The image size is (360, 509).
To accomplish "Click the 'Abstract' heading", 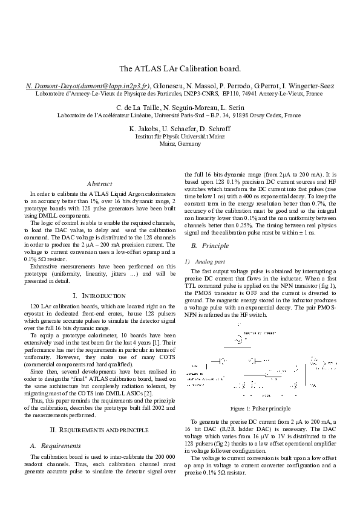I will point(99,183).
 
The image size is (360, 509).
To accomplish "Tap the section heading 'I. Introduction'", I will point(99,296).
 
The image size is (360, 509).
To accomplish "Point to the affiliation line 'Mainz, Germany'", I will point(180,144).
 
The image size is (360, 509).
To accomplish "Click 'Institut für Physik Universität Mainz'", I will point(180,137).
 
